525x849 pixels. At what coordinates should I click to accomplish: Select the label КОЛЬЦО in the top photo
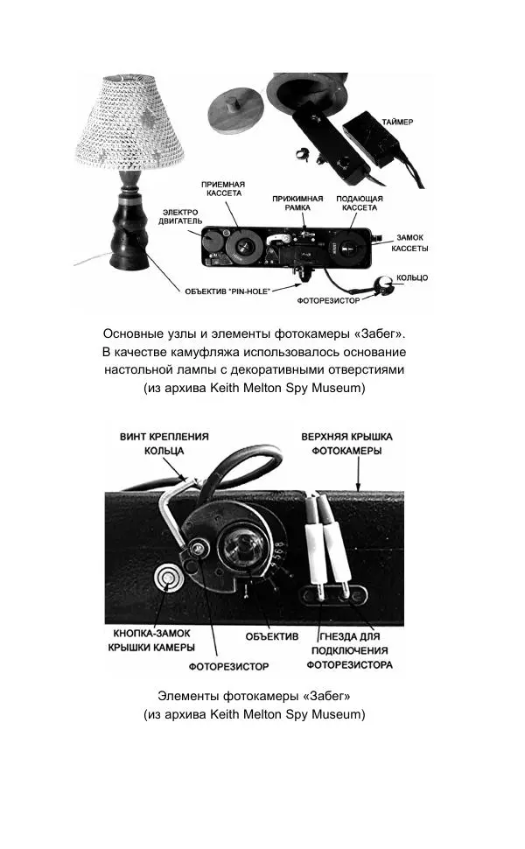[412, 277]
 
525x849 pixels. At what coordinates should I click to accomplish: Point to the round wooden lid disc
[236, 109]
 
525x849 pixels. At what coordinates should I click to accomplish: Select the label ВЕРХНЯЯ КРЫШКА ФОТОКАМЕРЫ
[347, 443]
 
